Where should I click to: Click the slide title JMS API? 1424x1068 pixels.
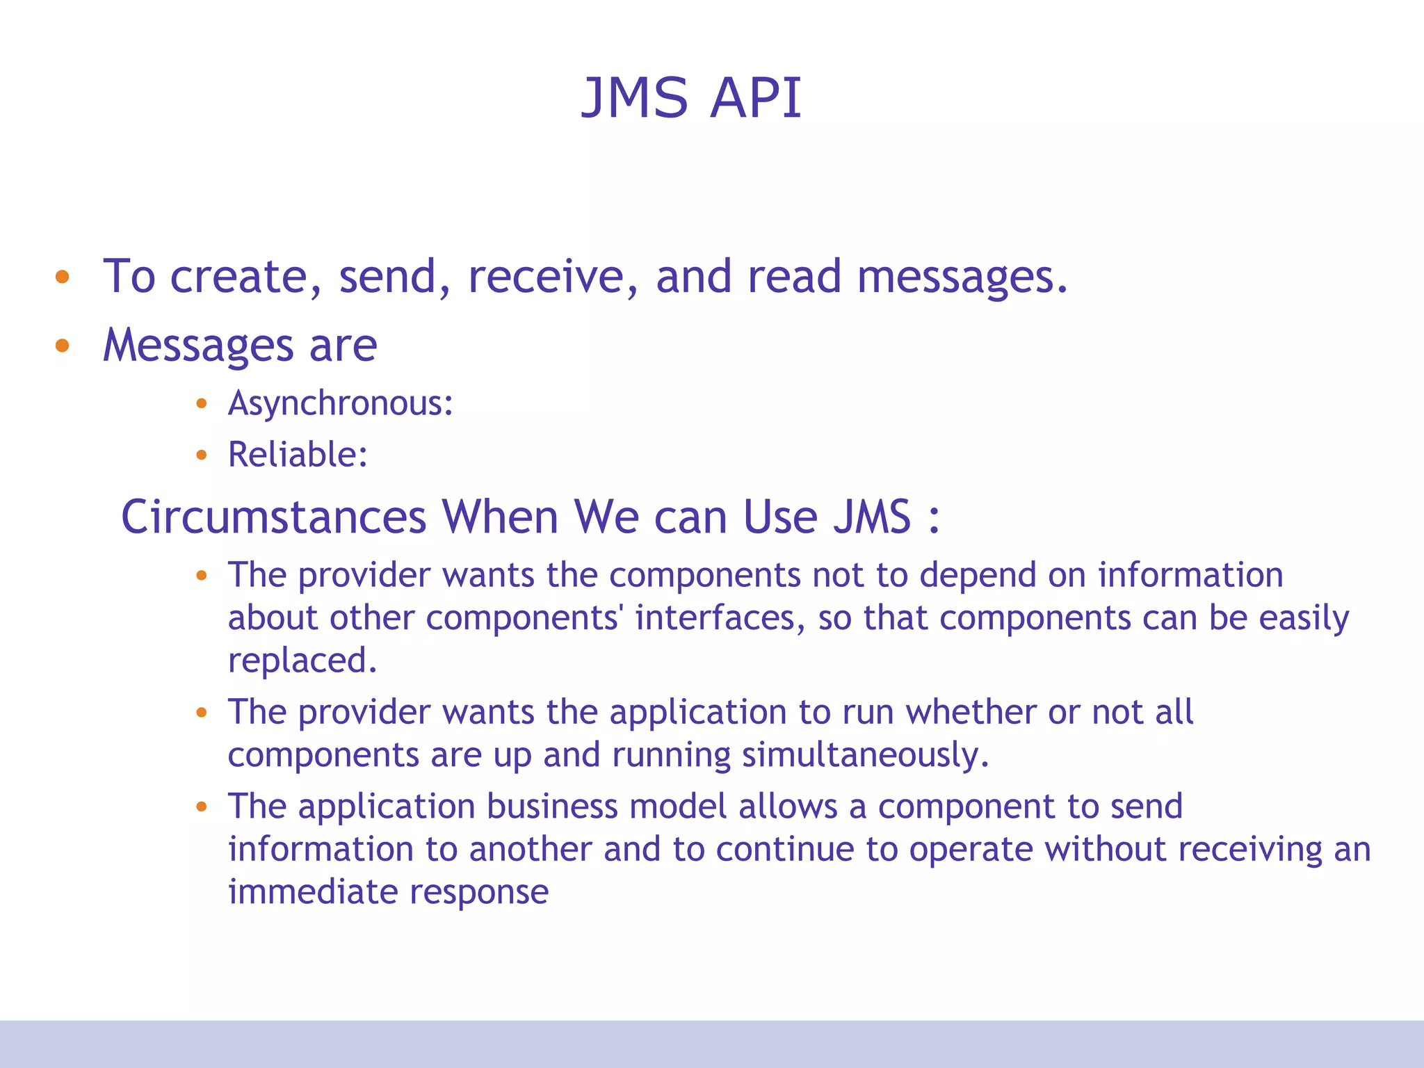(x=691, y=98)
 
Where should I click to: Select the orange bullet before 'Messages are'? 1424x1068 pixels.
(x=63, y=345)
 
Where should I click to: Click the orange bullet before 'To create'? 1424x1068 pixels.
(x=63, y=277)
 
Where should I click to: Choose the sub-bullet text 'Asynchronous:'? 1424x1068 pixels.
(x=341, y=404)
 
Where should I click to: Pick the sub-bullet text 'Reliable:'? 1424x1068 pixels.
(x=298, y=455)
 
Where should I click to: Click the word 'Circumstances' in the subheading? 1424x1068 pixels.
(x=273, y=517)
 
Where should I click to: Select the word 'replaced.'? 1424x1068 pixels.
(x=302, y=661)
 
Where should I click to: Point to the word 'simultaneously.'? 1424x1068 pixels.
(x=865, y=755)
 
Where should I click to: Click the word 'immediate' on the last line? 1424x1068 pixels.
(x=312, y=892)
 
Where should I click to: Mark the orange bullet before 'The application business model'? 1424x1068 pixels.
(x=202, y=807)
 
